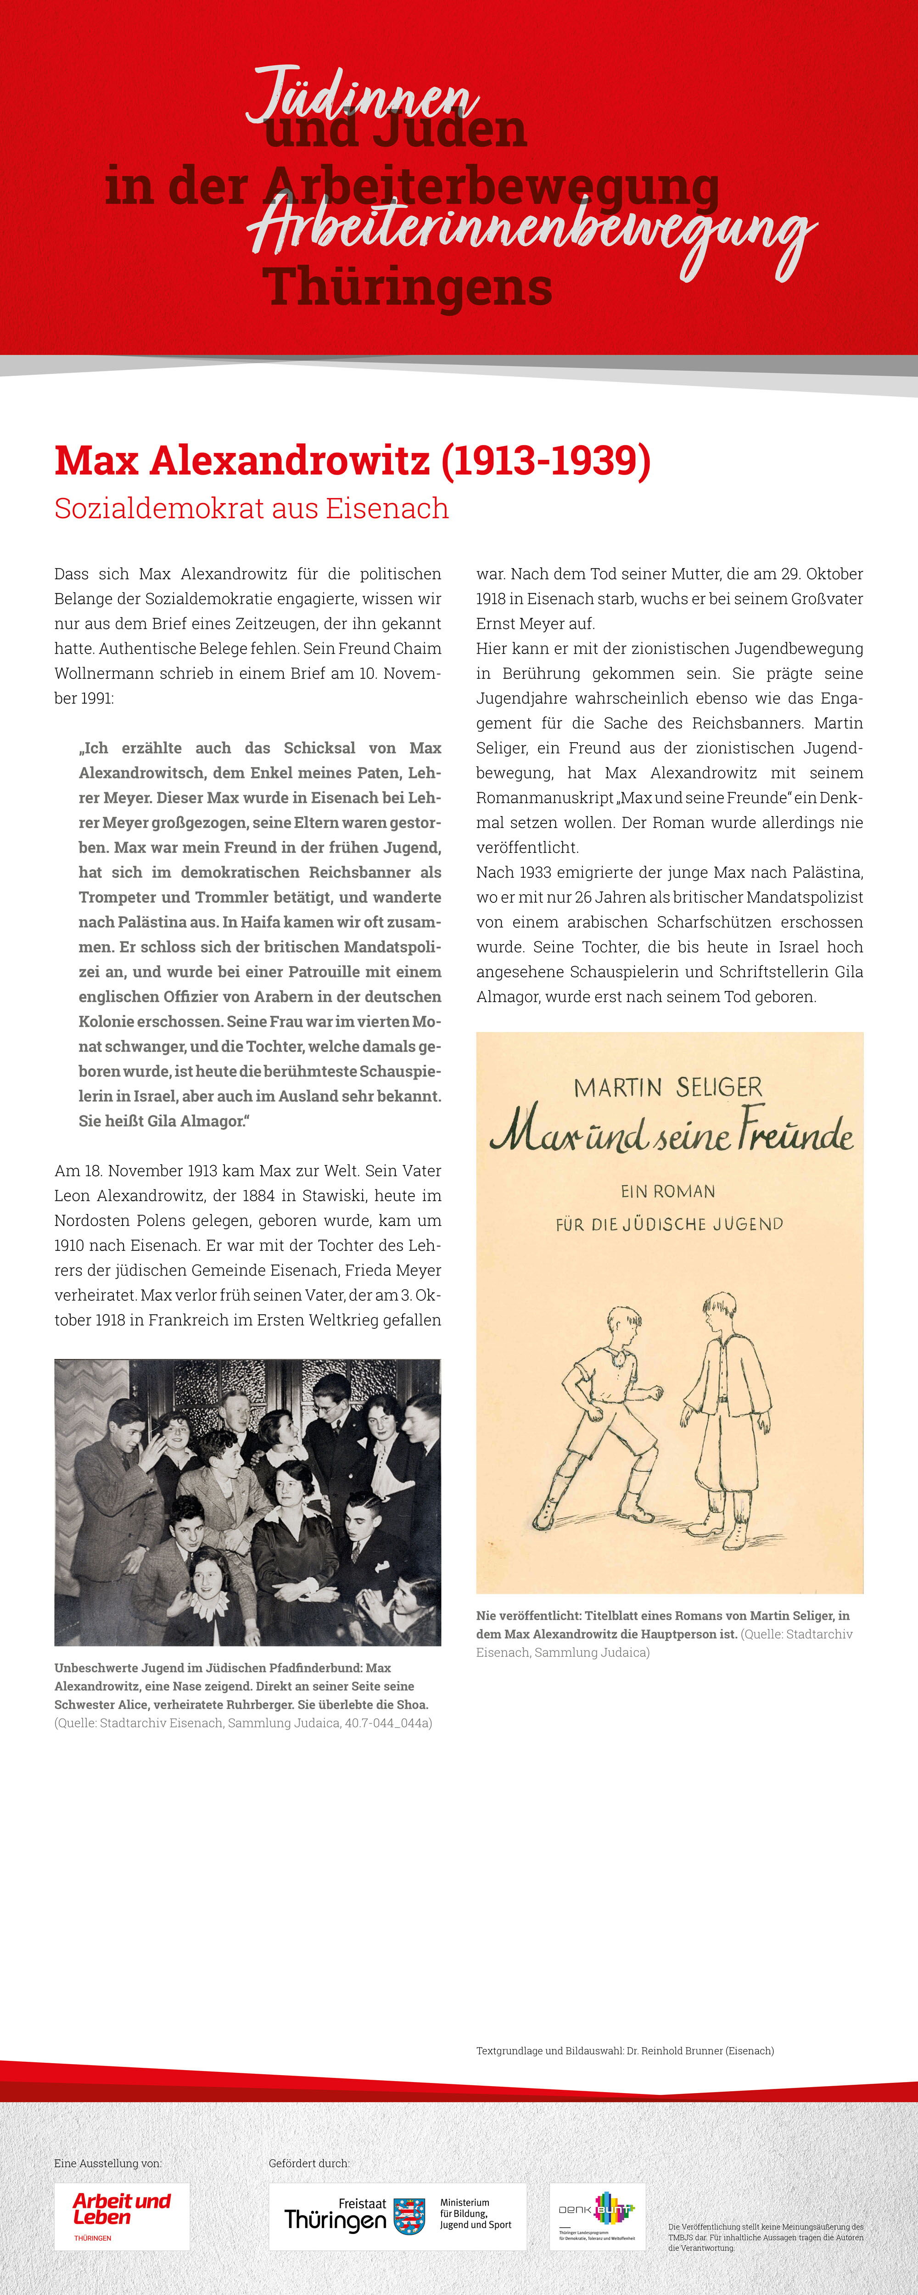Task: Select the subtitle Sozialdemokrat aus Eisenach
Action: point(252,509)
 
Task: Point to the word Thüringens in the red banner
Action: point(407,287)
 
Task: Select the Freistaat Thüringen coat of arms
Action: point(409,2215)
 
